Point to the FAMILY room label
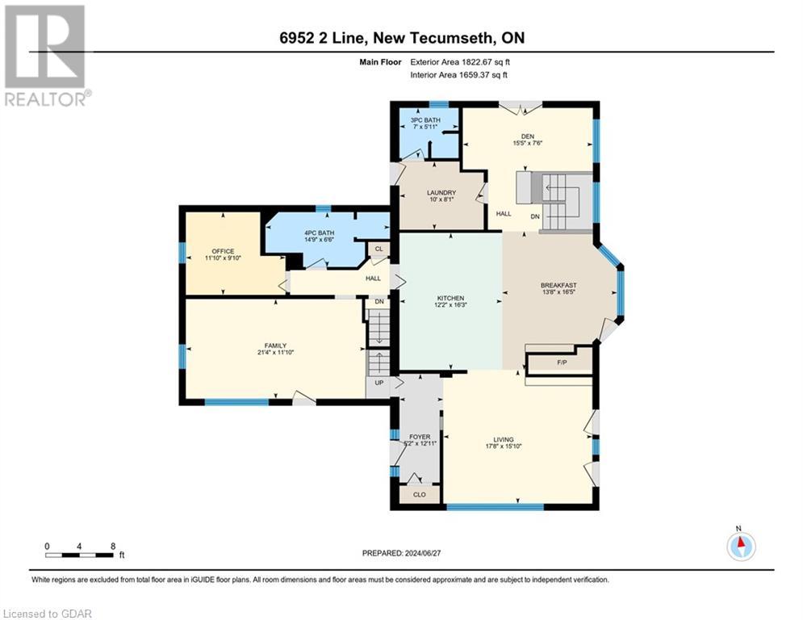coord(275,346)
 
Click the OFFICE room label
coord(222,251)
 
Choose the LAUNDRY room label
coord(441,192)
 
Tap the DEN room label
coord(528,136)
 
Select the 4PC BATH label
coord(319,233)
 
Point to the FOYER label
coord(420,437)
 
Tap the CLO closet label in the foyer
coord(419,494)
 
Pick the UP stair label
coord(377,383)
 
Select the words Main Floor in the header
coord(382,61)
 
